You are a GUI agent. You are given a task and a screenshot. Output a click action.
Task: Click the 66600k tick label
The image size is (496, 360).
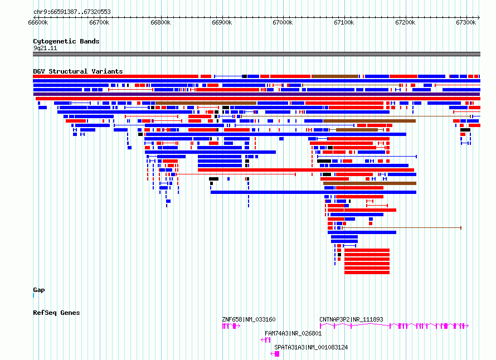pos(38,22)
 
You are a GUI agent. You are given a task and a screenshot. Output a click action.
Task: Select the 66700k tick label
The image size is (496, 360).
pos(99,22)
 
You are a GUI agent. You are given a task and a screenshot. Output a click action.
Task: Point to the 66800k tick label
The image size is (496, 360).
pos(161,22)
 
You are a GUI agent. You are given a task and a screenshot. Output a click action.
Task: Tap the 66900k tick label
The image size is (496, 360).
pos(222,22)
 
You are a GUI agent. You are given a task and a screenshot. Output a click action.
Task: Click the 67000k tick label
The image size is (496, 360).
pos(283,22)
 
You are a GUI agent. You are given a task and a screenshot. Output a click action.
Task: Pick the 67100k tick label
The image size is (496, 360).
pos(344,22)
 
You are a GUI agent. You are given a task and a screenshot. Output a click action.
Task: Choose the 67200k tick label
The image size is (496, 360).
pos(405,22)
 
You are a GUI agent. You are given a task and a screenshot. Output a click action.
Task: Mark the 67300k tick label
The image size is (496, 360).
pos(466,22)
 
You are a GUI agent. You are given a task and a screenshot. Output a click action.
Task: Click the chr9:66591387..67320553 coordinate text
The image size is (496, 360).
pos(72,12)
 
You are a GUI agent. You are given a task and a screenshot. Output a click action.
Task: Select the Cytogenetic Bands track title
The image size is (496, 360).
pos(66,41)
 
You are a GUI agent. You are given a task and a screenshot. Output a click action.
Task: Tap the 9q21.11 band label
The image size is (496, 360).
pos(45,48)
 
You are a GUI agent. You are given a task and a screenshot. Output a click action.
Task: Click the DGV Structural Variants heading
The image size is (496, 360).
pos(78,71)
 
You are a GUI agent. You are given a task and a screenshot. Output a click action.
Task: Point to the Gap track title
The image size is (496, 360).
pos(39,290)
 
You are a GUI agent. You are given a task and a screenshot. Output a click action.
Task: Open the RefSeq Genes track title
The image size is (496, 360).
pos(56,313)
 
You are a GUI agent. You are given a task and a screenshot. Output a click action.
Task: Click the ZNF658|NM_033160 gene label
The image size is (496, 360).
pos(249,319)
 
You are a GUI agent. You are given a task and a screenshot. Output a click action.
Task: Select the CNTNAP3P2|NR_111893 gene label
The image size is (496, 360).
pos(351,319)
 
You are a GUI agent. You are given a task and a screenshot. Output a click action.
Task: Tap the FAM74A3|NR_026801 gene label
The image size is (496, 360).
pos(293,333)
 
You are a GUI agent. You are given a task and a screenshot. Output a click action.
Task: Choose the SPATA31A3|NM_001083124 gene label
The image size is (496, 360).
pos(311,347)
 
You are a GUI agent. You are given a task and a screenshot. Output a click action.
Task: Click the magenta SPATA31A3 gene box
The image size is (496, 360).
pos(277,354)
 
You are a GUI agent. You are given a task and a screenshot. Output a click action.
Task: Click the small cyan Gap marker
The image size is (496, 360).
pos(33,295)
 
